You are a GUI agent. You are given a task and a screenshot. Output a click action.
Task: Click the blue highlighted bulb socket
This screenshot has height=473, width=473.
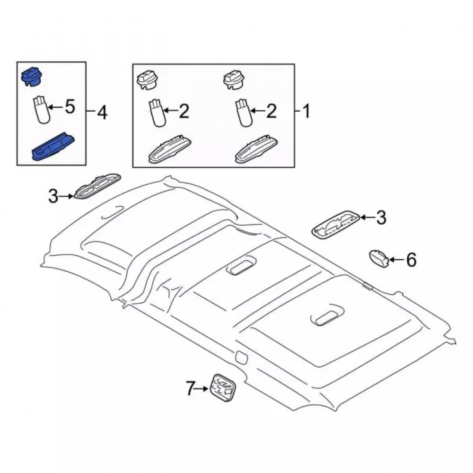point(31,77)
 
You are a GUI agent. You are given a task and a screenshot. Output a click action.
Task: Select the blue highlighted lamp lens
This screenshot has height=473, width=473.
point(53,147)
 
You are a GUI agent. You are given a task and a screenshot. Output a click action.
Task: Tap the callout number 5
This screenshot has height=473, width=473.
point(70,107)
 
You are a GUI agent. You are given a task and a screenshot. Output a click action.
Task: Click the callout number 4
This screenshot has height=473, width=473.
point(102,113)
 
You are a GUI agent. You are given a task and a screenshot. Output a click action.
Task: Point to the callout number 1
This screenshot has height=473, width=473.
point(306,111)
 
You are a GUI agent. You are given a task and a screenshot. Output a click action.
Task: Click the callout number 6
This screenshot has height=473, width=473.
point(411,260)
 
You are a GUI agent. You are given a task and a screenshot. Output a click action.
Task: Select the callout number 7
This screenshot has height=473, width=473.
point(190,388)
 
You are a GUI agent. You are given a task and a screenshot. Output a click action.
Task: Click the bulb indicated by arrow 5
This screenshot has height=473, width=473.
point(41,109)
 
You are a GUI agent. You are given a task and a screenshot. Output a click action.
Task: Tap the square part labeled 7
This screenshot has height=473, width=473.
point(223,388)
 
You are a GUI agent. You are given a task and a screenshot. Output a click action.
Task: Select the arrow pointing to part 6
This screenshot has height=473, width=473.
point(397,259)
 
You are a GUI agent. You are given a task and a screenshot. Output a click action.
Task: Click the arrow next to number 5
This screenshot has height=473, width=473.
point(56,107)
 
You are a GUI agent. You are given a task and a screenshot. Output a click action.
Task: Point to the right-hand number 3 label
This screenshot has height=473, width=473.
point(381,218)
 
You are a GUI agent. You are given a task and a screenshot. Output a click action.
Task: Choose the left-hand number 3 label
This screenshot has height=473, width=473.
point(53,196)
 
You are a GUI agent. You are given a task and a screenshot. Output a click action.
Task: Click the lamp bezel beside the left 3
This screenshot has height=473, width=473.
point(97,186)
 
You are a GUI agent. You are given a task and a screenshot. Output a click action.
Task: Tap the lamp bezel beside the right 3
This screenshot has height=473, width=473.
point(335,225)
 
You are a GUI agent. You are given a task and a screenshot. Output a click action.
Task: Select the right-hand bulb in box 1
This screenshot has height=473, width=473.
point(243,114)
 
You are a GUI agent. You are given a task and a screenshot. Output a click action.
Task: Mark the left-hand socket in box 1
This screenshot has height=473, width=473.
point(148,79)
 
